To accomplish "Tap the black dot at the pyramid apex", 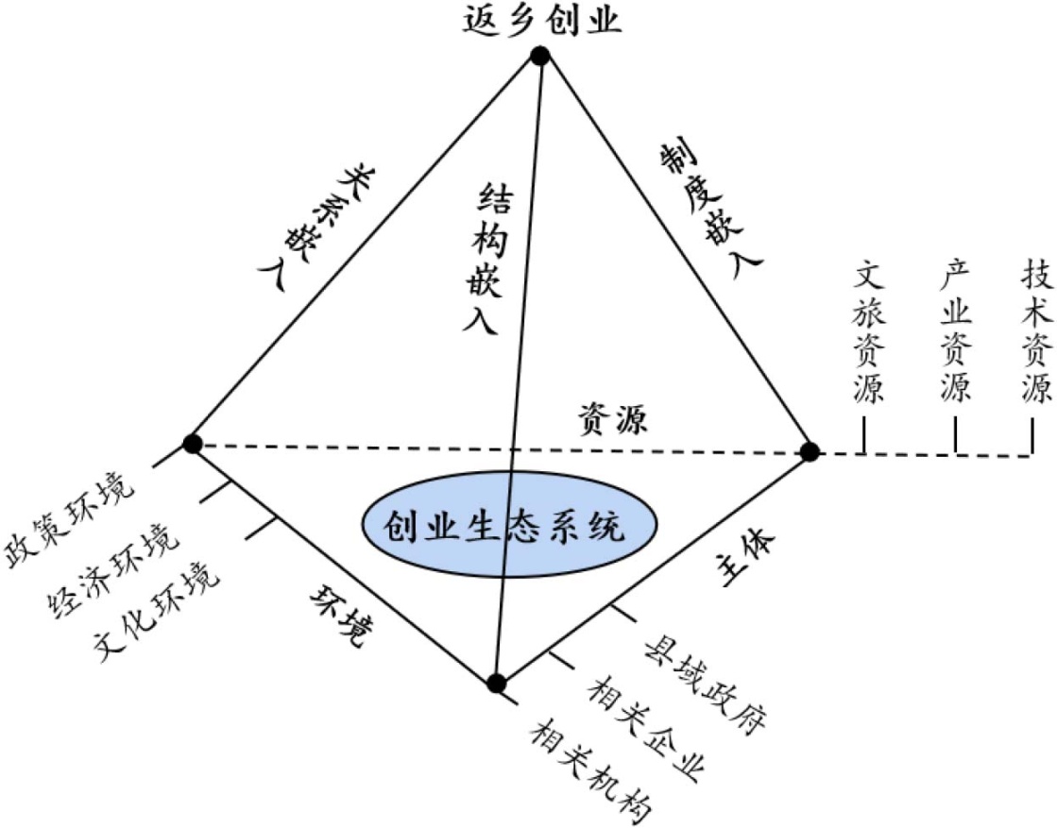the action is pyautogui.click(x=540, y=57).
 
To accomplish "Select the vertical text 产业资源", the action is pyautogui.click(x=955, y=332).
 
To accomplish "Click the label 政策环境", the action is pyautogui.click(x=70, y=521).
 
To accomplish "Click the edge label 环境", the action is pyautogui.click(x=336, y=617).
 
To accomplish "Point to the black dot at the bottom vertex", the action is pyautogui.click(x=497, y=683).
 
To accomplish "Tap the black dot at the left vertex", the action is pyautogui.click(x=193, y=444).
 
